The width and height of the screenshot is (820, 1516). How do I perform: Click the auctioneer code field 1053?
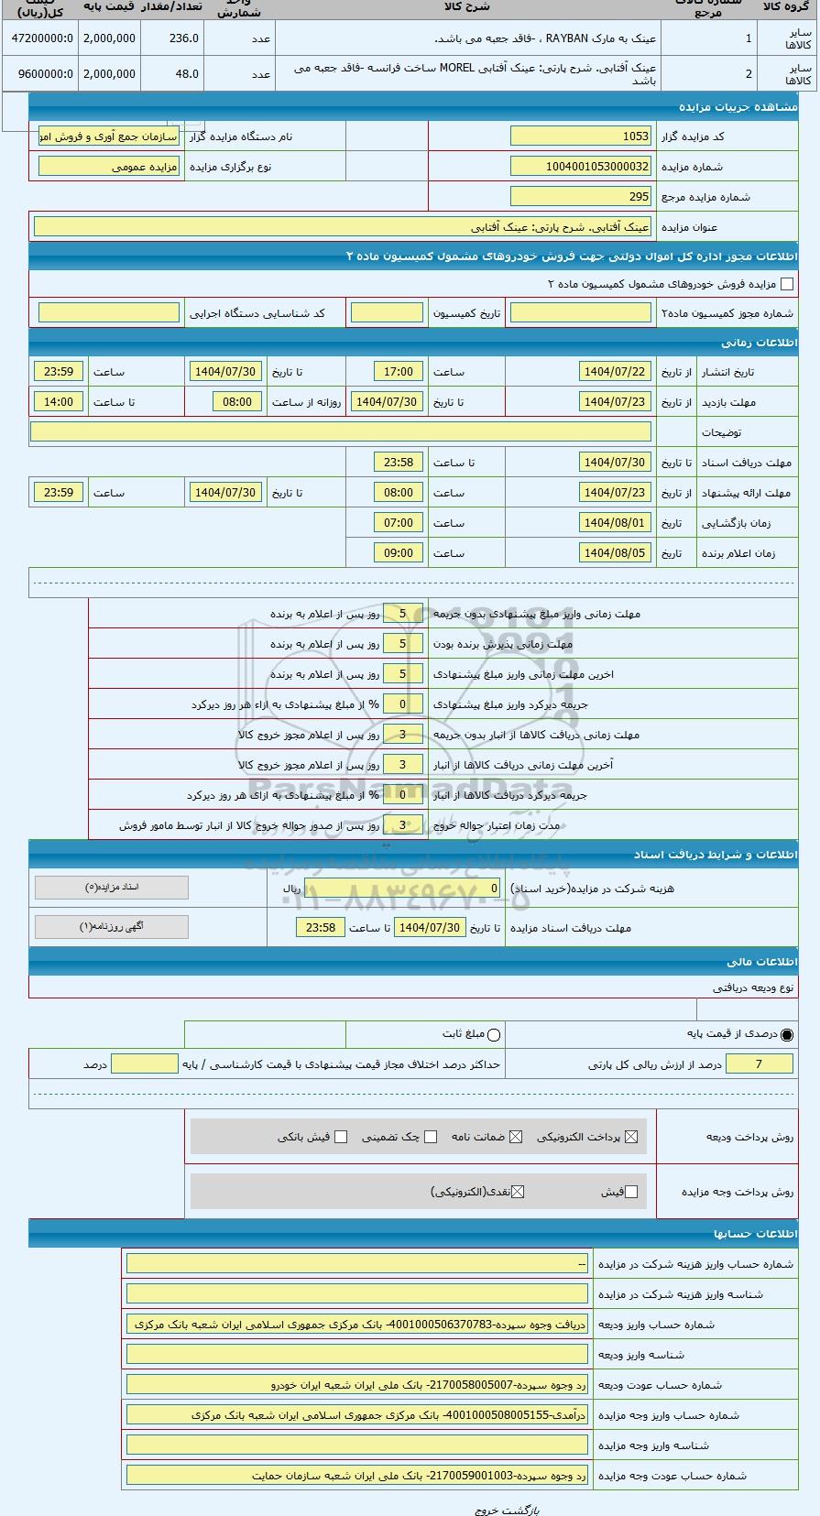click(581, 136)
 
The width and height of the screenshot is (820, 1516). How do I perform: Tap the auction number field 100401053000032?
click(581, 167)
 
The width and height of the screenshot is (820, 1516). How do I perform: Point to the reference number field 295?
click(581, 197)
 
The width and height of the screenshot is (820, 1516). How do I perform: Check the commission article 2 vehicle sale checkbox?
click(786, 285)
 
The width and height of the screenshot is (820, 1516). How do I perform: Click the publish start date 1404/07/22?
click(615, 372)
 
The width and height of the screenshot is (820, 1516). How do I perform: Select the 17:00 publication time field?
click(399, 372)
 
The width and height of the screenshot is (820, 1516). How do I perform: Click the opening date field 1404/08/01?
click(615, 523)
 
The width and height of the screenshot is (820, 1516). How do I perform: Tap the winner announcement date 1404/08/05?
click(615, 553)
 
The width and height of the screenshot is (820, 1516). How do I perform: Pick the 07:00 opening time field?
click(399, 523)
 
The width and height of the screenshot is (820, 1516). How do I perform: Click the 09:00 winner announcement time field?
click(399, 553)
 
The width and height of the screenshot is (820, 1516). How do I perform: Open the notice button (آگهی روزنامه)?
click(112, 927)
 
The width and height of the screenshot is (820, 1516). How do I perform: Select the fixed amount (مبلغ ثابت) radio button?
click(494, 1035)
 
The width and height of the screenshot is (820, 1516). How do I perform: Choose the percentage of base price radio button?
click(787, 1035)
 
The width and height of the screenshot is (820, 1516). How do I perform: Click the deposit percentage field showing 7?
click(759, 1063)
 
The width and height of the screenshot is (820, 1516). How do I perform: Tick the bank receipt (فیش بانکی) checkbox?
click(341, 1137)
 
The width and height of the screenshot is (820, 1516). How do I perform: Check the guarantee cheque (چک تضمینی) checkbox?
click(431, 1137)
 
